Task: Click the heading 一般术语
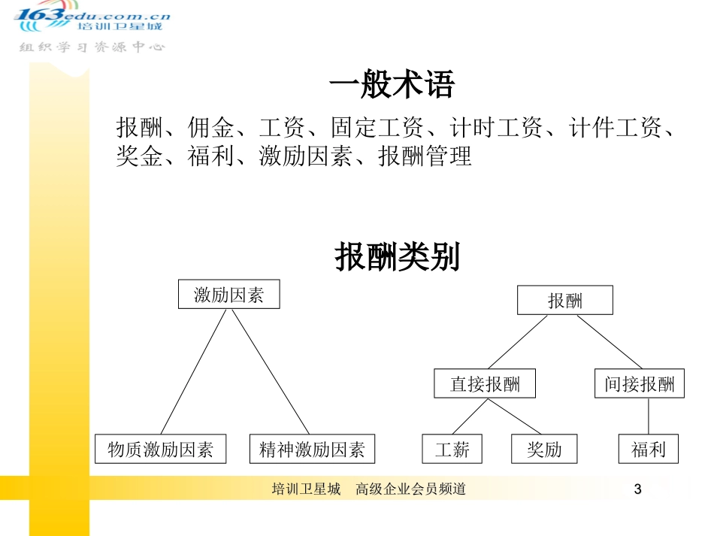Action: click(x=392, y=86)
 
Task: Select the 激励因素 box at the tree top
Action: click(x=228, y=295)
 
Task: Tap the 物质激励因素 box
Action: click(x=160, y=450)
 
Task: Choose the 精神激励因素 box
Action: click(x=311, y=450)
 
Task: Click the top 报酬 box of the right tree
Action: click(x=564, y=301)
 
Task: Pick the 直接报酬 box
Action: click(x=485, y=383)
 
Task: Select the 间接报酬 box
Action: click(x=639, y=383)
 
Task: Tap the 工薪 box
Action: click(x=452, y=450)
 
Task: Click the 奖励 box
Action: click(x=544, y=450)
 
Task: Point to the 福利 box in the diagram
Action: click(x=648, y=450)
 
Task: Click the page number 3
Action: click(x=638, y=490)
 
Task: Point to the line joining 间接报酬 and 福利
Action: click(x=648, y=416)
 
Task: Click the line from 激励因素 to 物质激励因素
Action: click(x=194, y=371)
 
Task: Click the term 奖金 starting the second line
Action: click(x=139, y=156)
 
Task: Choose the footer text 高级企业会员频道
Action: click(x=411, y=489)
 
